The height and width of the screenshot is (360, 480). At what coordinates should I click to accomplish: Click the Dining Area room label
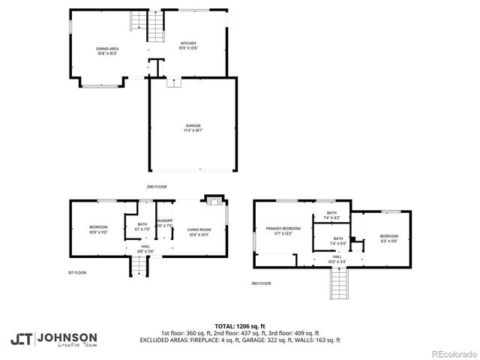(x=107, y=51)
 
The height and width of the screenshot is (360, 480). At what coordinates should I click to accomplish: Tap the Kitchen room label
(x=187, y=46)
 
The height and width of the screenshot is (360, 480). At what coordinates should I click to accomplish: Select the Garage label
(x=193, y=128)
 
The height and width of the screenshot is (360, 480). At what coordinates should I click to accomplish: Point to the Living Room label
(x=199, y=232)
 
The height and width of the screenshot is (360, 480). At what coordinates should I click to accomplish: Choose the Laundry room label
(x=165, y=223)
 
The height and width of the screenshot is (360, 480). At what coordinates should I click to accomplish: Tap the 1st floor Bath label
(x=142, y=226)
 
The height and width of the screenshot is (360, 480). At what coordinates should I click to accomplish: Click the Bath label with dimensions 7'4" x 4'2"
(x=331, y=216)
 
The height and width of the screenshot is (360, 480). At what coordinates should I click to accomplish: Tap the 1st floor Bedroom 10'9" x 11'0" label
(x=99, y=229)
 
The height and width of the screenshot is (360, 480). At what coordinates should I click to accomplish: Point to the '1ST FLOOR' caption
(x=76, y=273)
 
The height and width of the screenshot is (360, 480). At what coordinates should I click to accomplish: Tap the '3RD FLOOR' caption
(x=261, y=283)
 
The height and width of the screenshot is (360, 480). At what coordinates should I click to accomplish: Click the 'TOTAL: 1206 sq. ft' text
(x=239, y=326)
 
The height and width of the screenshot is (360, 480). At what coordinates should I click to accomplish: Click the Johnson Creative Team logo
(x=53, y=339)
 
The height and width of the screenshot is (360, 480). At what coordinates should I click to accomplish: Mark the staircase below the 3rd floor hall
(x=340, y=286)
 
